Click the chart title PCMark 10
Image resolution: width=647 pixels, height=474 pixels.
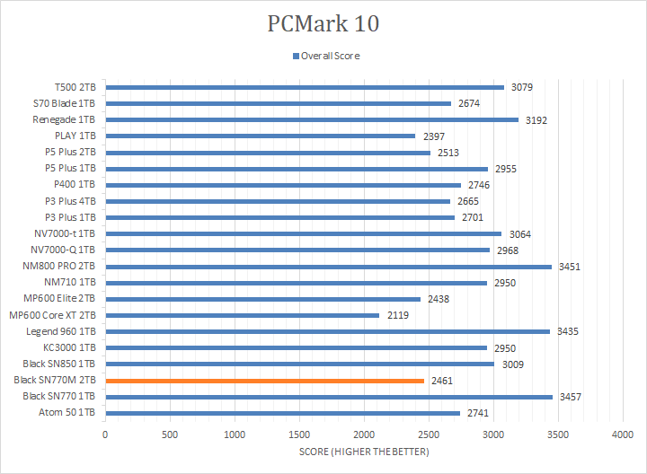323,23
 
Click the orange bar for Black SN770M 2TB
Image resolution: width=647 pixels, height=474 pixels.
264,381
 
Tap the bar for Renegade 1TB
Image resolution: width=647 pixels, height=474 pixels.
312,119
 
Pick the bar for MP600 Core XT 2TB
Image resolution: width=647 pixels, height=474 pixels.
242,315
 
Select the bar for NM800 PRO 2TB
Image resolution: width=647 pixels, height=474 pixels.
328,267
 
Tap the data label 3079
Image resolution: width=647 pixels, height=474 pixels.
522,87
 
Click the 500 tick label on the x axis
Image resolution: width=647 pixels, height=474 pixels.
170,434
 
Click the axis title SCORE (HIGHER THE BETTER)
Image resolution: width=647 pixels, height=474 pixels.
364,451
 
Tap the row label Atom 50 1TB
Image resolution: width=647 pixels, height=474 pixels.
71,413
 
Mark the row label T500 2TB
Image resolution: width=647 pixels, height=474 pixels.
75,87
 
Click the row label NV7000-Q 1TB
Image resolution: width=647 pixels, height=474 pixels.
64,250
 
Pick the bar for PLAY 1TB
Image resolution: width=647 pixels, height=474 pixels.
260,136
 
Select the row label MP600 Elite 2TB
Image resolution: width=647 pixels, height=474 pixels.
59,299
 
